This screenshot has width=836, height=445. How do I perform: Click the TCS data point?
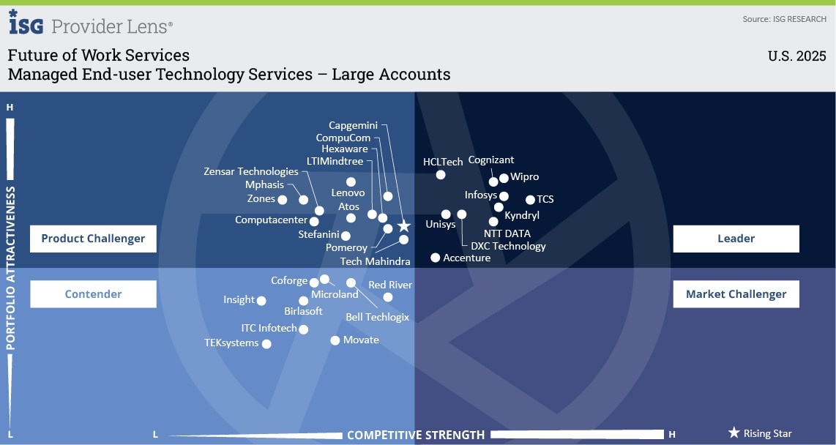(x=530, y=199)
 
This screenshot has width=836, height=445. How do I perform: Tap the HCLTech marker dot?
(x=441, y=174)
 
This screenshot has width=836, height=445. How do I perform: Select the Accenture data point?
(x=436, y=258)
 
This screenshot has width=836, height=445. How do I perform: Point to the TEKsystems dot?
(x=266, y=344)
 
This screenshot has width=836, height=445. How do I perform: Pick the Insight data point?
(x=261, y=300)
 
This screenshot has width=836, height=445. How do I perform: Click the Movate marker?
(x=335, y=340)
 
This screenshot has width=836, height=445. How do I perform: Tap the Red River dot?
(x=388, y=297)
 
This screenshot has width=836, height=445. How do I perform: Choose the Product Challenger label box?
(x=93, y=239)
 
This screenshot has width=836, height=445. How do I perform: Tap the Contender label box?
(x=93, y=294)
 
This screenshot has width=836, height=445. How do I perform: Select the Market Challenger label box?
(x=736, y=294)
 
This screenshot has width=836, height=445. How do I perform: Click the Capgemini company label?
(x=353, y=125)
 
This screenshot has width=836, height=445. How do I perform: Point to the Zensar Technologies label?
(x=251, y=172)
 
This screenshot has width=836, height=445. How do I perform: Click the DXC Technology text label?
(x=508, y=247)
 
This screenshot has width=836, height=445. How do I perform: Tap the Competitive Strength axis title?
(x=416, y=435)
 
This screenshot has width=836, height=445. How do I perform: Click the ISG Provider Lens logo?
(x=91, y=25)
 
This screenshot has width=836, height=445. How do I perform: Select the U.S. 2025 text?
(x=796, y=56)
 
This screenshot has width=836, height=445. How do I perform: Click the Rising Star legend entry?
(x=761, y=433)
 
